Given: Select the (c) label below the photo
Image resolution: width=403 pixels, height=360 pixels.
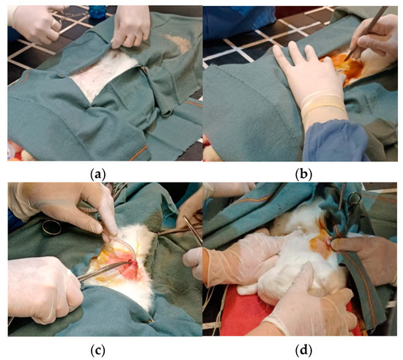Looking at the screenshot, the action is (97, 350).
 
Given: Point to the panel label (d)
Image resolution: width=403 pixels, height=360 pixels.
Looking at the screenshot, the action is (303, 350).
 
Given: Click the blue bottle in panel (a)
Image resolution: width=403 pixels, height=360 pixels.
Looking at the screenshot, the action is (97, 11).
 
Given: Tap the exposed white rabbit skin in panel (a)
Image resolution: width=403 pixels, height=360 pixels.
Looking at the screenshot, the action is (102, 75).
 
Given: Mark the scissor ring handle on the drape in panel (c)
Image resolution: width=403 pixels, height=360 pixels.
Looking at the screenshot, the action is (52, 227).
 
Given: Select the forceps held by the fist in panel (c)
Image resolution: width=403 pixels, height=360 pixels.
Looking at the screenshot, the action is (103, 271).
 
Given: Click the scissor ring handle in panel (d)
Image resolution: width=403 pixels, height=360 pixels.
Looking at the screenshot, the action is (354, 198).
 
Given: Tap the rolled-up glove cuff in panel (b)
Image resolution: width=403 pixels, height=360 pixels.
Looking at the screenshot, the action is (322, 103).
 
